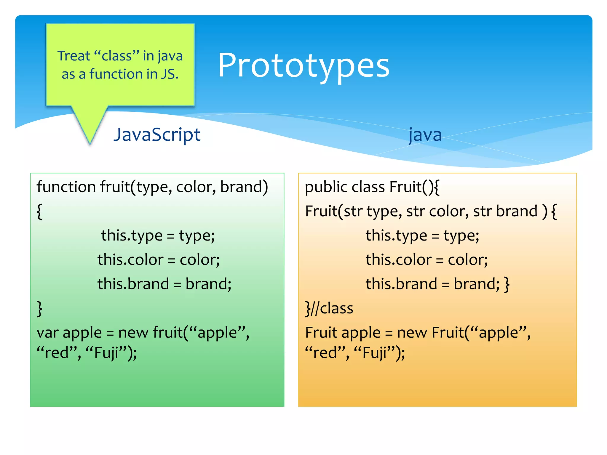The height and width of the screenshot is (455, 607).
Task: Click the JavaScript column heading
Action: point(157,135)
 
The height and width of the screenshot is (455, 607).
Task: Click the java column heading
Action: point(425,135)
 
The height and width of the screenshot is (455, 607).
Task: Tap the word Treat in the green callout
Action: point(74,56)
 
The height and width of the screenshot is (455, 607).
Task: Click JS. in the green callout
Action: point(170,74)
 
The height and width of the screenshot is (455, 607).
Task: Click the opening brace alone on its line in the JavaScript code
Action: point(39,211)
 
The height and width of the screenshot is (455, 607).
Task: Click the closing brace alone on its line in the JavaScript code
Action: point(39,308)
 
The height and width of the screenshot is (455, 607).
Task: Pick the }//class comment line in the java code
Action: point(329,308)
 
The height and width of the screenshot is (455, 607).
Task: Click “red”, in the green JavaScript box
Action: point(59,353)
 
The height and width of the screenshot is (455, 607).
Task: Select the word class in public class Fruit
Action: point(368,187)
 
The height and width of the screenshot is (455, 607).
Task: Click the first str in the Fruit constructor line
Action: point(353,212)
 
